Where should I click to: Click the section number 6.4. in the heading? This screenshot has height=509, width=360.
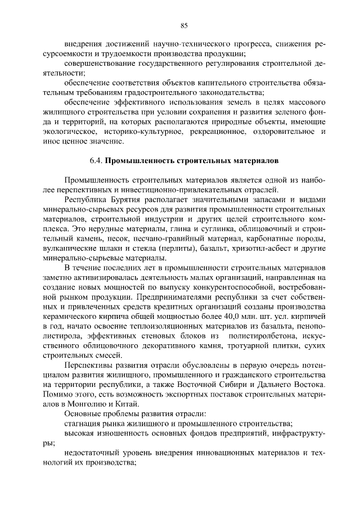[96, 160]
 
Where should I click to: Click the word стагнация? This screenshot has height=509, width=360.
[84, 425]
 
